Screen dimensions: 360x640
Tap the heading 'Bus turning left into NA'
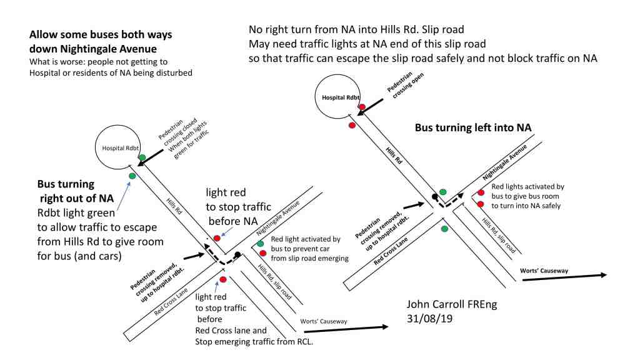coord(473,127)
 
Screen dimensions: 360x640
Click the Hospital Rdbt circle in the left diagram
coord(115,148)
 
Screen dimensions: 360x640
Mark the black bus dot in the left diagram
coord(237,254)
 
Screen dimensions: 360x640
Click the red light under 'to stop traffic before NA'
coord(217,238)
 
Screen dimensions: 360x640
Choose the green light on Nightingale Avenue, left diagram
coord(260,243)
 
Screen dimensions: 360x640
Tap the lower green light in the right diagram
coord(444,229)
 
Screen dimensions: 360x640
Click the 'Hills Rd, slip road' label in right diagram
coord(497,232)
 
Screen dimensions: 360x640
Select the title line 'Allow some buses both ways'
coord(101,34)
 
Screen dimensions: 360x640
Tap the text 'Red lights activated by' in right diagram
coord(527,186)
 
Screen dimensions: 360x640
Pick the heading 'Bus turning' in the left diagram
coord(66,185)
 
